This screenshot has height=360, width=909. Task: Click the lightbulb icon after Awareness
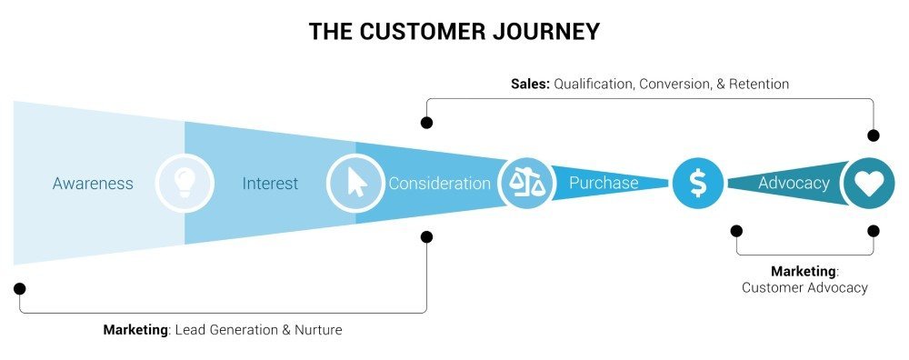(185, 183)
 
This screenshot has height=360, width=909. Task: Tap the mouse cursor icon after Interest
(355, 183)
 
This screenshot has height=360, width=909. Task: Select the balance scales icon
(526, 183)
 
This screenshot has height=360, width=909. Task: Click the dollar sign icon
(697, 183)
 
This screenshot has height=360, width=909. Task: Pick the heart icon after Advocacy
(869, 183)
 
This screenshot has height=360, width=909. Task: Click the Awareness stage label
(93, 184)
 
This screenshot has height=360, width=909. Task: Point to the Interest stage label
(270, 184)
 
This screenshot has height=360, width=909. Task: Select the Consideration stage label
(439, 184)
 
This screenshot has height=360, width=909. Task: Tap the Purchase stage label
(604, 183)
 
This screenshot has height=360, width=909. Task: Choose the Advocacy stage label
(794, 183)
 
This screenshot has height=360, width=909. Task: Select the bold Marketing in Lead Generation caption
(136, 330)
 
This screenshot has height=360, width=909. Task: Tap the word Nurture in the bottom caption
(318, 330)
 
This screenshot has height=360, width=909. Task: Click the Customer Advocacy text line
(804, 287)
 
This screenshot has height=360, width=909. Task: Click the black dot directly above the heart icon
(874, 135)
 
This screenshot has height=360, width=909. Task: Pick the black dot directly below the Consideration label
(427, 236)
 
